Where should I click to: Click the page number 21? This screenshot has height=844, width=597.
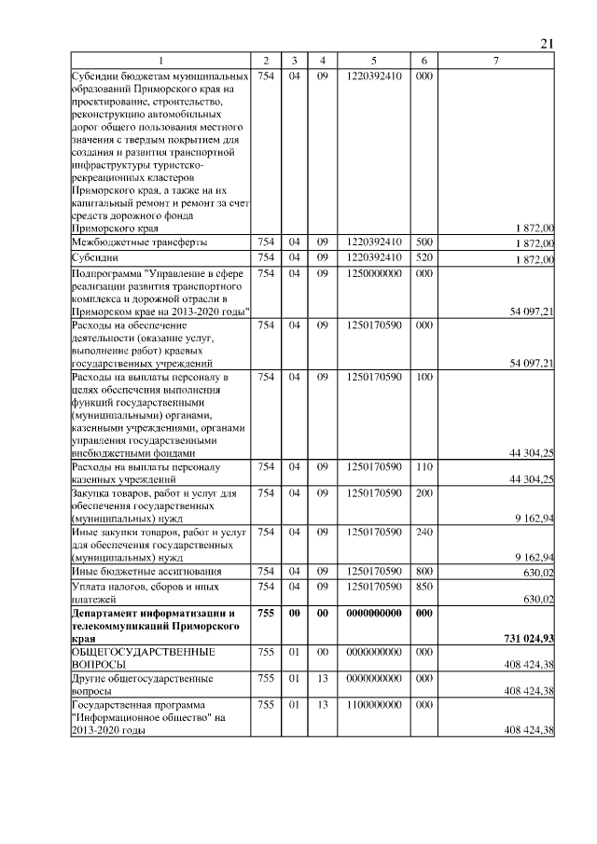tap(547, 43)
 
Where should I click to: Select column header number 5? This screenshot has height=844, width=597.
tap(373, 61)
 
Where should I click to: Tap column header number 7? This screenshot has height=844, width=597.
tap(496, 61)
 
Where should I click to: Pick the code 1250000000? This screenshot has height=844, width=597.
tap(373, 273)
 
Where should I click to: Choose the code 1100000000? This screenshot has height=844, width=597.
tap(373, 706)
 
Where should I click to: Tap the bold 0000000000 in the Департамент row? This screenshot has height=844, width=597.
tap(373, 613)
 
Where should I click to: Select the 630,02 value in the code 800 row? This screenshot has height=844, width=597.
tap(535, 573)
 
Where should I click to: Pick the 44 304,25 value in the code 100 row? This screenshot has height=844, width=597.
tap(527, 452)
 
